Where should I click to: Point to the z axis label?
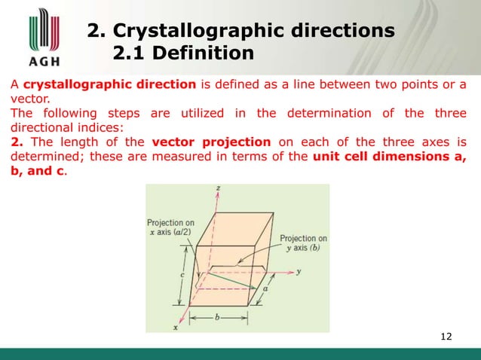[217, 189]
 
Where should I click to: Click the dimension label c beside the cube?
[182, 276]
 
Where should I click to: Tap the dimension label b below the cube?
[219, 318]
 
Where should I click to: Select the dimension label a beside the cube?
[265, 288]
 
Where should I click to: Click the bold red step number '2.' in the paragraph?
[15, 143]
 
